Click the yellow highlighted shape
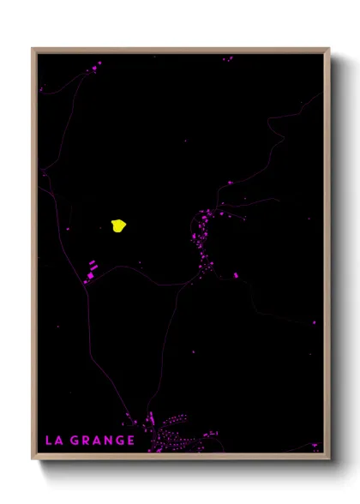[118, 225]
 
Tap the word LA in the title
[53, 441]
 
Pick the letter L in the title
[49, 441]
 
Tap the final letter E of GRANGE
[130, 441]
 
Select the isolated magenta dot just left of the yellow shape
[69, 228]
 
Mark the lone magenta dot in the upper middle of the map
[185, 141]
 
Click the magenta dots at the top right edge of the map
[228, 59]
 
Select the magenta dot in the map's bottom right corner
[315, 445]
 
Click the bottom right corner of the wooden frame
[328, 458]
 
